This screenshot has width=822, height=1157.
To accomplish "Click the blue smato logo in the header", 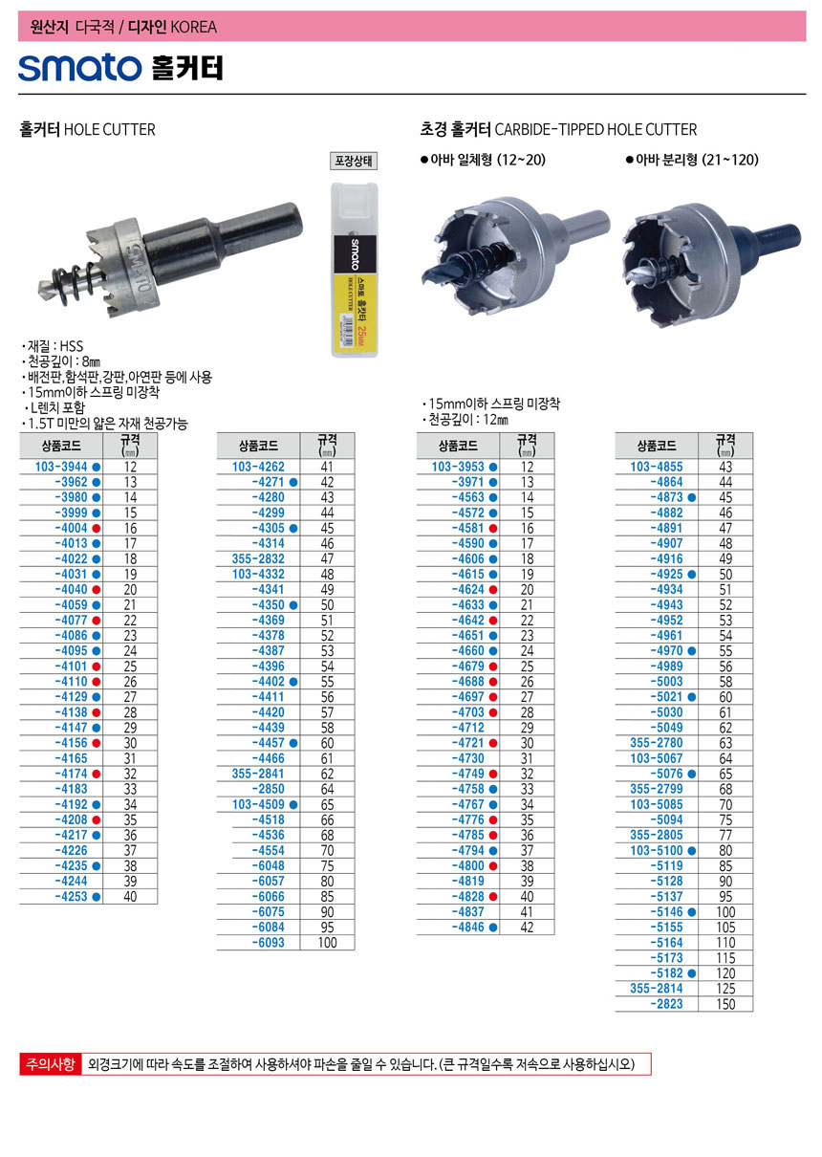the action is pyautogui.click(x=79, y=68).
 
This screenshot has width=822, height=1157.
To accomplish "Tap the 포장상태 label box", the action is pyautogui.click(x=354, y=161).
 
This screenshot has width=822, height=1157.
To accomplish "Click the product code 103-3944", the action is pyautogui.click(x=61, y=467).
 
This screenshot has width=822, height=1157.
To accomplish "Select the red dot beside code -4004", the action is pyautogui.click(x=96, y=529).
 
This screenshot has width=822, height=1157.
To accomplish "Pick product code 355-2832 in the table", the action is pyautogui.click(x=258, y=558).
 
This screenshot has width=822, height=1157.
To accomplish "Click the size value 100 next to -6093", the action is pyautogui.click(x=327, y=943).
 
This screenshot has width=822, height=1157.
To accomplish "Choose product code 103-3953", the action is pyautogui.click(x=458, y=467).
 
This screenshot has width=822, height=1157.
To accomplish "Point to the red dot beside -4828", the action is pyautogui.click(x=493, y=897).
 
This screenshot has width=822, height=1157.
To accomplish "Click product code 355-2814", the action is pyautogui.click(x=657, y=989).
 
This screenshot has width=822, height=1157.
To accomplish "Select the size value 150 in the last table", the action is pyautogui.click(x=725, y=1004).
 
